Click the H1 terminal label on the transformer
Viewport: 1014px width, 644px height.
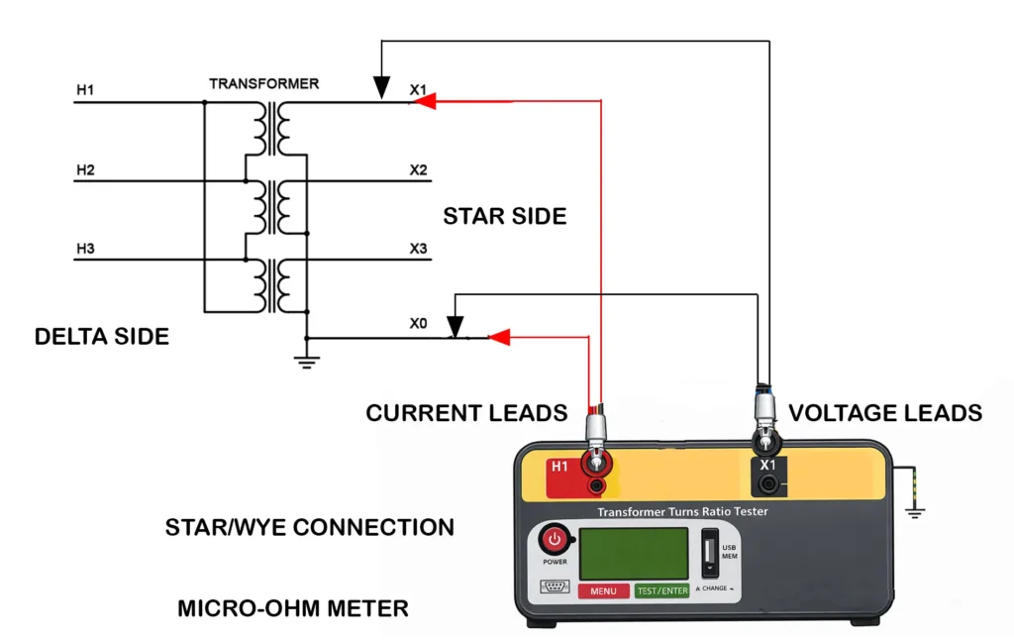click(85, 91)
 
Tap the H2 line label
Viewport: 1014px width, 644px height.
click(85, 170)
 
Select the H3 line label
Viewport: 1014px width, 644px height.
click(85, 249)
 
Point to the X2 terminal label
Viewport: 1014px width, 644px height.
click(419, 170)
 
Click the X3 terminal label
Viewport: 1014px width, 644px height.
click(419, 249)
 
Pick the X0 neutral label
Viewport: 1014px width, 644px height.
click(419, 323)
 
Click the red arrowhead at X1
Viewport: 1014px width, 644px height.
click(423, 101)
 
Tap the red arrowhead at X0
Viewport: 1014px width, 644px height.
click(500, 338)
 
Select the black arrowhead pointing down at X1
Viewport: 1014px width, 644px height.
click(381, 90)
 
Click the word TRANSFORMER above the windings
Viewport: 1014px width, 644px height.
click(263, 84)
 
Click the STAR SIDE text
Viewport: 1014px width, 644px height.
click(504, 216)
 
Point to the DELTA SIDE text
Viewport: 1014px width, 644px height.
click(101, 336)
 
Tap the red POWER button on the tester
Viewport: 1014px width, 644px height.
click(555, 540)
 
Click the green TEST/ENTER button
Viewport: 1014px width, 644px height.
click(661, 590)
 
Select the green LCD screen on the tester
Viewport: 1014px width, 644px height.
click(634, 553)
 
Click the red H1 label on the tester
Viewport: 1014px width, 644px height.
click(559, 467)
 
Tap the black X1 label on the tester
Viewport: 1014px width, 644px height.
click(767, 465)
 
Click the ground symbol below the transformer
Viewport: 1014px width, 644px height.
click(307, 363)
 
